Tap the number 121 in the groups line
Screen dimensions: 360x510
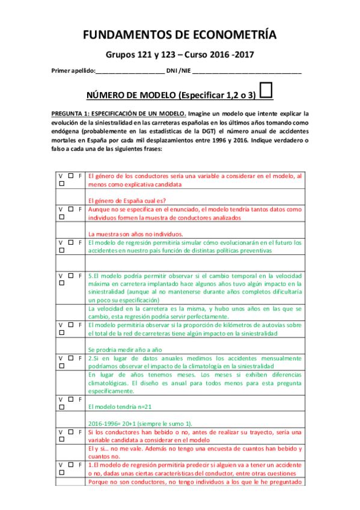147,55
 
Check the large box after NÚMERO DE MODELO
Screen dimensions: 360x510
268,91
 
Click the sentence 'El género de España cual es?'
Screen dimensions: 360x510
126,201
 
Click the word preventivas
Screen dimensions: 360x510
251,251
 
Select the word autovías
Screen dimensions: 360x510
276,325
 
